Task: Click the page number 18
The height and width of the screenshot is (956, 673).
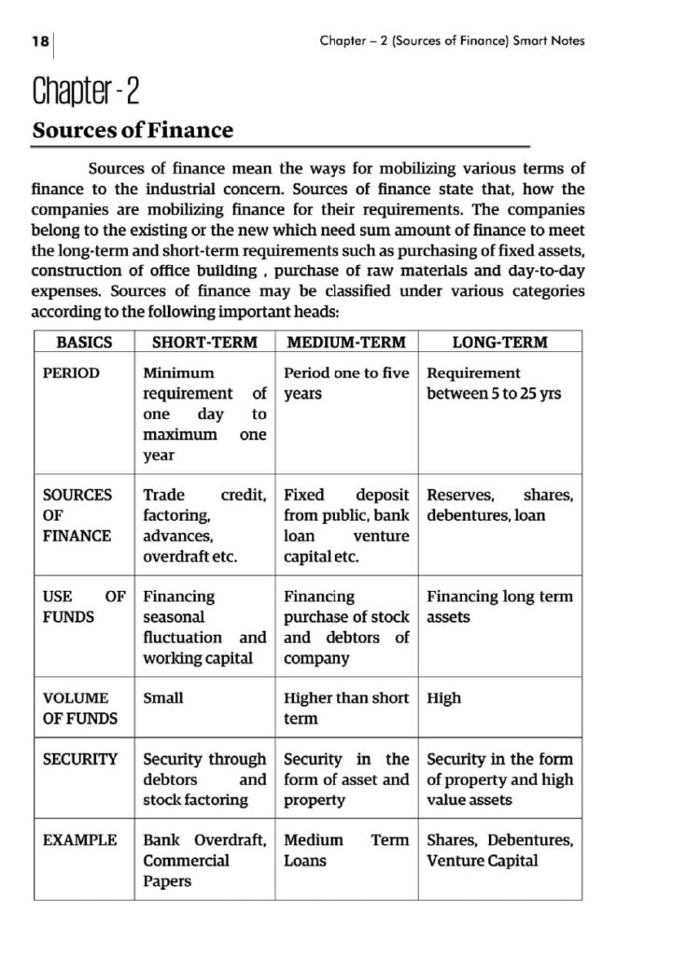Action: click(x=39, y=41)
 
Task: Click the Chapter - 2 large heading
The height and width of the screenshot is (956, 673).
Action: click(x=85, y=92)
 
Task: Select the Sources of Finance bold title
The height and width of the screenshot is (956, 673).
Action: click(x=133, y=131)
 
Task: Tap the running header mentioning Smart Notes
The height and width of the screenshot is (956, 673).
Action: click(x=452, y=41)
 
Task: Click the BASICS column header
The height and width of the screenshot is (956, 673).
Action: click(x=84, y=343)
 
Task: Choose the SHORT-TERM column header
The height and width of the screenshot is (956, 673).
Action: click(x=204, y=343)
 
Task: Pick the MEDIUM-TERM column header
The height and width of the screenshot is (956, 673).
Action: click(x=346, y=343)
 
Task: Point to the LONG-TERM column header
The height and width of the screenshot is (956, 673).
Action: click(x=499, y=343)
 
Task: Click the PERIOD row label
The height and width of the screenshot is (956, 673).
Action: click(x=72, y=373)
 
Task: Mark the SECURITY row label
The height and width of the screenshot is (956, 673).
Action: click(x=80, y=760)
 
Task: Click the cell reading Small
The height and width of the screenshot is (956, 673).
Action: click(x=163, y=698)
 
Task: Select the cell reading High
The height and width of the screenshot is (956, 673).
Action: click(x=443, y=698)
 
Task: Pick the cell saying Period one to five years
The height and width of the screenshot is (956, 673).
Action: click(x=346, y=384)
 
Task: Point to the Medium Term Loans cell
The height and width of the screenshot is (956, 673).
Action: click(x=346, y=851)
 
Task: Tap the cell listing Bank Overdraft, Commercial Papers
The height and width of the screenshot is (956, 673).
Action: click(x=204, y=861)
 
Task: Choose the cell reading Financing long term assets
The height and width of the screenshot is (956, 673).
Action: click(x=499, y=607)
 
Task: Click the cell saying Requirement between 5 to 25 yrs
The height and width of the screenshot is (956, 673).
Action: click(x=494, y=384)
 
